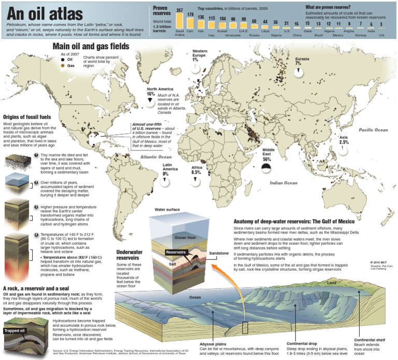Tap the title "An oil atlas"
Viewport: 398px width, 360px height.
[x=36, y=12]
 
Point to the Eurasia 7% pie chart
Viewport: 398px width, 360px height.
[x=298, y=73]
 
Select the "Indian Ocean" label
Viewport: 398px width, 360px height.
[x=283, y=183]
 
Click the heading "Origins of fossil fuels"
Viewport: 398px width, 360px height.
[x=31, y=117]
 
